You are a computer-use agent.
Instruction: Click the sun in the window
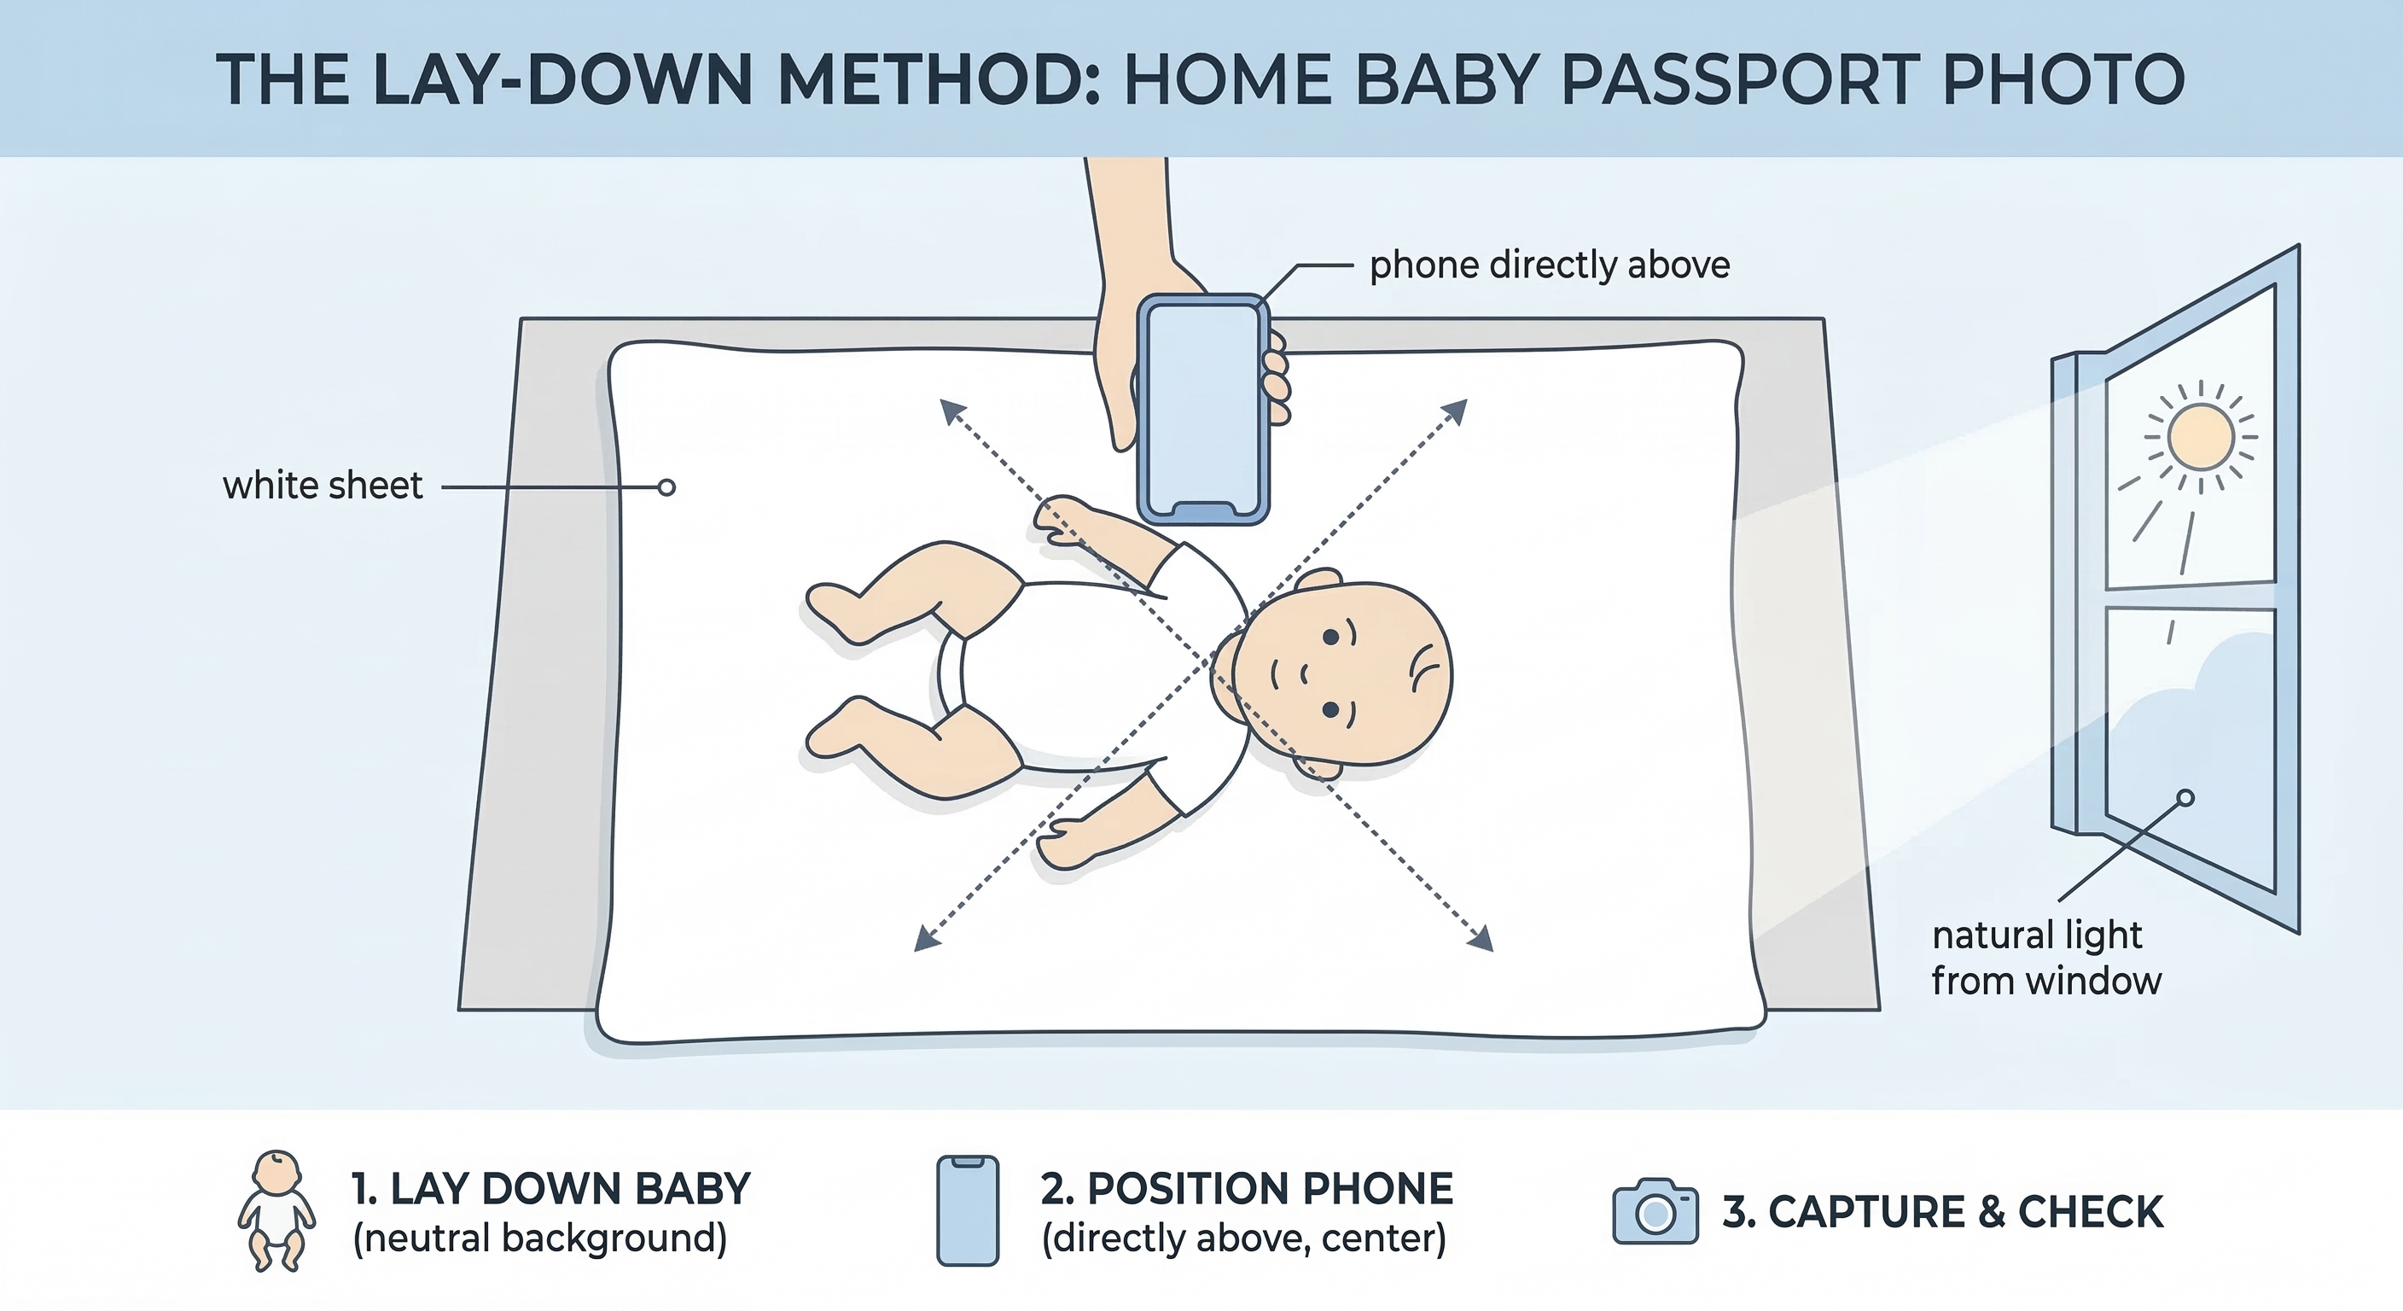pos(2201,436)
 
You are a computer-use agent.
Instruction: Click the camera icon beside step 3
pos(1655,1211)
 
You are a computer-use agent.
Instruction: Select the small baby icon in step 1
pos(276,1210)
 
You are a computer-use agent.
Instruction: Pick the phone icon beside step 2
pos(968,1210)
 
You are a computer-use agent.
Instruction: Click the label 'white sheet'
pos(323,487)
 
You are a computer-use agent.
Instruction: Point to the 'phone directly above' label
pos(1549,265)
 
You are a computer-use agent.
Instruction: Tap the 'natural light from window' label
pos(2045,958)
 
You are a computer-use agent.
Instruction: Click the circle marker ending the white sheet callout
pos(666,487)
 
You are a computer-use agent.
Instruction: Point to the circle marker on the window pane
pos(2185,798)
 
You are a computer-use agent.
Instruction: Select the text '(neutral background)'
pos(539,1239)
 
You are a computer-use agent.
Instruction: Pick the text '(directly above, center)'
pos(1243,1239)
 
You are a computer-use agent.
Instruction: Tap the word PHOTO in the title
pos(2063,79)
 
